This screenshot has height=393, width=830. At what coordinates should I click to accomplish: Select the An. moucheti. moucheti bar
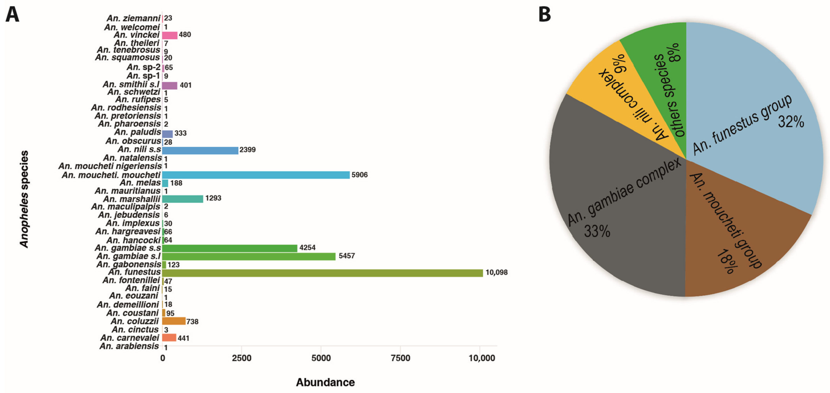(x=255, y=175)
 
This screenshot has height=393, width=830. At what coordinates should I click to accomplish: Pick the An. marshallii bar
(x=182, y=199)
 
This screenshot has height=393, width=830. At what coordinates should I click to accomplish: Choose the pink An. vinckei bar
(x=169, y=35)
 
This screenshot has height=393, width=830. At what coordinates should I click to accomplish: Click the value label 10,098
(x=496, y=273)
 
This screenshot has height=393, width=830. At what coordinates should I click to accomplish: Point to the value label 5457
(x=346, y=256)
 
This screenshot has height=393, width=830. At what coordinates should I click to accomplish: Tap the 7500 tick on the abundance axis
(x=400, y=358)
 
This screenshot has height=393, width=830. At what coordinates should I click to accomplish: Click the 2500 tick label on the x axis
(x=242, y=358)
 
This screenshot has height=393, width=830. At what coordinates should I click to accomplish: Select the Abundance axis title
(x=325, y=382)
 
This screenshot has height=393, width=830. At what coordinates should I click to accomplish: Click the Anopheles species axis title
(x=24, y=199)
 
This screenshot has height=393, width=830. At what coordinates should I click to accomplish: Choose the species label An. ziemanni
(x=133, y=18)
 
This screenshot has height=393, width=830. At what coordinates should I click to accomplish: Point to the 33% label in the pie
(x=597, y=231)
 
